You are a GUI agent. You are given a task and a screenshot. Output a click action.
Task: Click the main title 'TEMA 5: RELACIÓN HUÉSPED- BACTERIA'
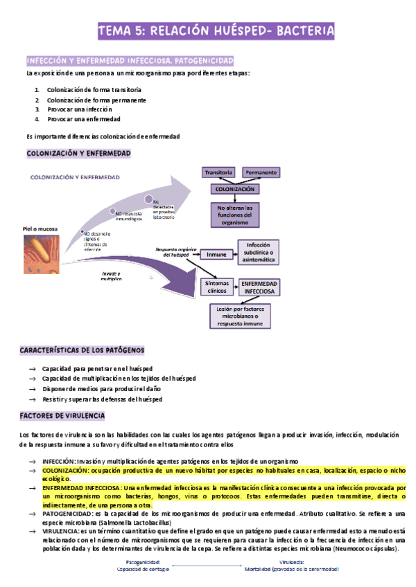216,31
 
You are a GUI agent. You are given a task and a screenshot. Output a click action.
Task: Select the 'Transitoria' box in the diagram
218,171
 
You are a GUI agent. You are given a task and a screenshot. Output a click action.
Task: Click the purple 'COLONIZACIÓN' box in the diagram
236,189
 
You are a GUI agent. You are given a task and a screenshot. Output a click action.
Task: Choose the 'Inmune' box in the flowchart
216,254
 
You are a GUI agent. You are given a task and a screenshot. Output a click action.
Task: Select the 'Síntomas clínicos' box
217,287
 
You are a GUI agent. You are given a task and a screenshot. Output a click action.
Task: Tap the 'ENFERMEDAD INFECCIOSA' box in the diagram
259,288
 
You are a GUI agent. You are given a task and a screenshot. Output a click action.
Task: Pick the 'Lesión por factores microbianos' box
240,316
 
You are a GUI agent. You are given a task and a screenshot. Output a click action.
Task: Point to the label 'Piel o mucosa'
40,228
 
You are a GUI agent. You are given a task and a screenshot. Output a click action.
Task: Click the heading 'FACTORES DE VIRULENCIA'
62,415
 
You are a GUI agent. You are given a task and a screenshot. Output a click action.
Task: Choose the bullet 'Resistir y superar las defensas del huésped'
102,399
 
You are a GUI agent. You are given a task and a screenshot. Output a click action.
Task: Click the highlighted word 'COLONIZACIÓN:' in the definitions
67,469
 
